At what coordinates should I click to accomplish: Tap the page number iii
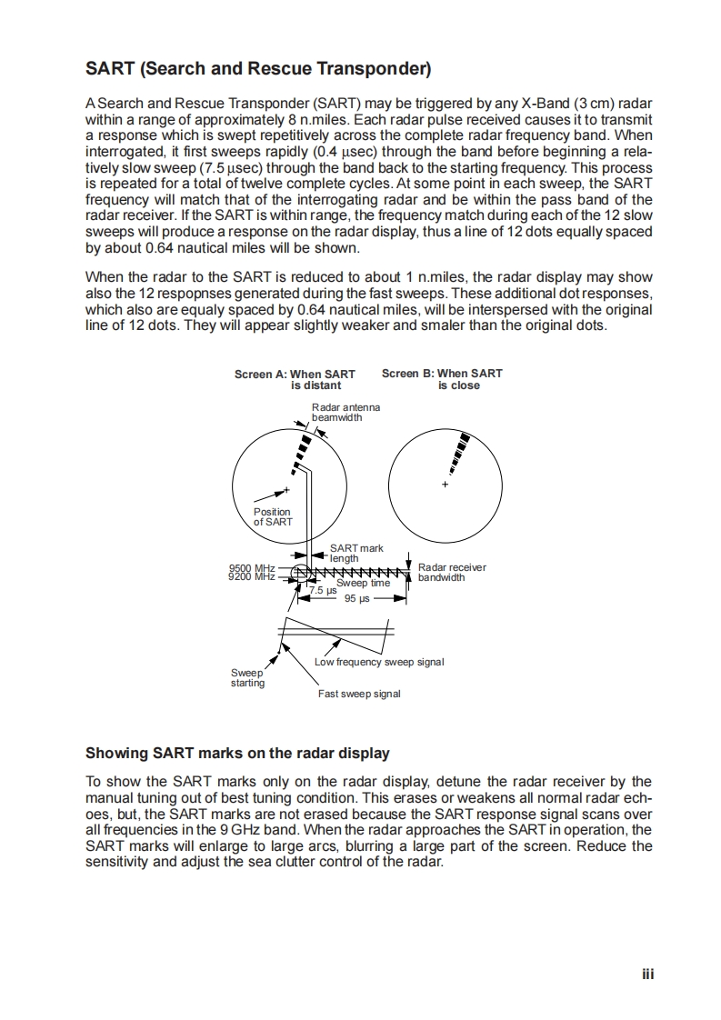tap(647, 973)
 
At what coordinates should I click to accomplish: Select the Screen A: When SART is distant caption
tap(295, 379)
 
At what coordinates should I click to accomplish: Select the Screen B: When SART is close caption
tap(442, 379)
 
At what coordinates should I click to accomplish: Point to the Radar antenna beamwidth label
tap(345, 412)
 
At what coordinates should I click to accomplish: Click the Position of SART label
tap(272, 516)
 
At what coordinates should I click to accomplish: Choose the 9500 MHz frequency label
tap(252, 568)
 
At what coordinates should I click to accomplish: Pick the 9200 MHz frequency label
tap(252, 576)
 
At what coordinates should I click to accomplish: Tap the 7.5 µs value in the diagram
tap(323, 591)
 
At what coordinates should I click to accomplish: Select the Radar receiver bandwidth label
tap(451, 572)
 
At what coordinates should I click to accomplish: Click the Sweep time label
tap(363, 583)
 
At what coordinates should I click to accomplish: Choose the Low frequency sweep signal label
tap(379, 661)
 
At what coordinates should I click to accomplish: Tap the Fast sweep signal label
tap(359, 694)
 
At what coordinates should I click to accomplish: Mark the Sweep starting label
tap(247, 678)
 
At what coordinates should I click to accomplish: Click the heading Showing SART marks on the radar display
tap(237, 753)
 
